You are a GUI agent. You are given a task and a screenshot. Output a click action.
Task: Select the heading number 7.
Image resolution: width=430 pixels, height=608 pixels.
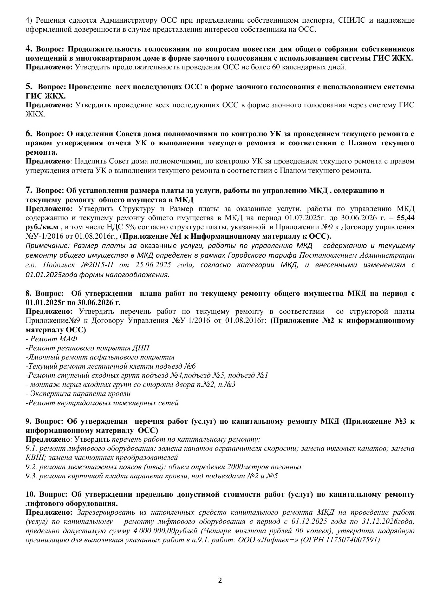click(29, 190)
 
